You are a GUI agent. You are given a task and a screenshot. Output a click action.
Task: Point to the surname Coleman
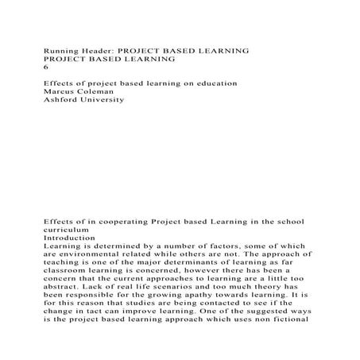104,92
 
